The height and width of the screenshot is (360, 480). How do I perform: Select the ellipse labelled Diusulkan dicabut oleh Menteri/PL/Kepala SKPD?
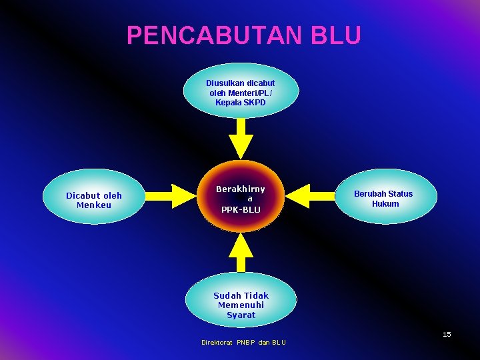(241, 91)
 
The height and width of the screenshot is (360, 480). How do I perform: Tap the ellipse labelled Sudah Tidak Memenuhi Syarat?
(241, 300)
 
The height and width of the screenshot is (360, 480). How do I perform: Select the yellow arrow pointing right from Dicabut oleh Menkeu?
(169, 196)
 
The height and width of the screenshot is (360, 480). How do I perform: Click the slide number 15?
(447, 334)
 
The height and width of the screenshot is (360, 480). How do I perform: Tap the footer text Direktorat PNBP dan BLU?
(243, 343)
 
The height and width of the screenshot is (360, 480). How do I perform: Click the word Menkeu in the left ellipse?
(94, 205)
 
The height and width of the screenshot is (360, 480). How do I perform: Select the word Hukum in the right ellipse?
(385, 204)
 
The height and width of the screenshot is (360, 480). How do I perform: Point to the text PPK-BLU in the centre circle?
(241, 210)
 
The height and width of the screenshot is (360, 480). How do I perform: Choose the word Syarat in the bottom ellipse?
(241, 315)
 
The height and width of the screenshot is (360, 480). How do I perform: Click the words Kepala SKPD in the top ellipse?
(241, 103)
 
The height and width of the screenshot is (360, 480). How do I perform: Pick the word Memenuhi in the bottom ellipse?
(241, 305)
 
